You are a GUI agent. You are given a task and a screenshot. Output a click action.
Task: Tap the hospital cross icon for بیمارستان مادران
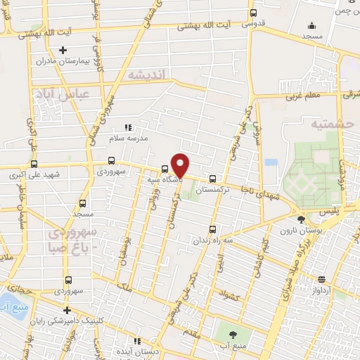(63, 51)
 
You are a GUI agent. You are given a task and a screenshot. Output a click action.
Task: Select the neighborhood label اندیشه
(145, 73)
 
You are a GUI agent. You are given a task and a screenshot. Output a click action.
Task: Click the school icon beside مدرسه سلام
(127, 127)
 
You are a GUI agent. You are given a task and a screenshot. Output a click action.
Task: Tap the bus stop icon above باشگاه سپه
(165, 169)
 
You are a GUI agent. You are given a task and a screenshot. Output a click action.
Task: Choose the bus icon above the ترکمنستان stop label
(212, 179)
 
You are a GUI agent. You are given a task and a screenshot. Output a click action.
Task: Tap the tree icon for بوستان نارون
(302, 221)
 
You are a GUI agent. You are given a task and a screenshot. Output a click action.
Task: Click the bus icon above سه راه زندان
(213, 229)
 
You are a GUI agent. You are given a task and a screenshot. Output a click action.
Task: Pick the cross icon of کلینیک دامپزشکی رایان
(67, 310)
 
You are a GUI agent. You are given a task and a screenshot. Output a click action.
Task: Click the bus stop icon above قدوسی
(254, 13)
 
